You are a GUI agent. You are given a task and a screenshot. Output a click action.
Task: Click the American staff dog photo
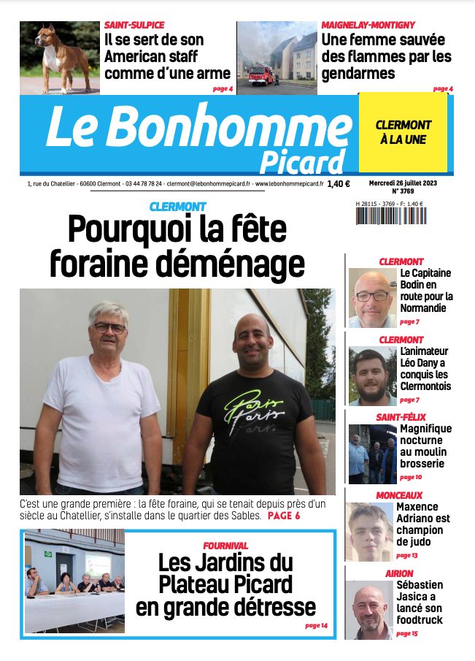tap(59, 57)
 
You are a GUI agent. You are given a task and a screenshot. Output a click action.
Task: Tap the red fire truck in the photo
tap(261, 74)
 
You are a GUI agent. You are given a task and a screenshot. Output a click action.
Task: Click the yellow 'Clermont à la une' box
tap(403, 132)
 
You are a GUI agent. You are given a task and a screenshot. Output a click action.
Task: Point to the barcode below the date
tap(391, 216)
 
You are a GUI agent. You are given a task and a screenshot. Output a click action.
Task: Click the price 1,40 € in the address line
tap(339, 184)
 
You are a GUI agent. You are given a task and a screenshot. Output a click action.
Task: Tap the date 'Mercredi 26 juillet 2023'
tap(401, 182)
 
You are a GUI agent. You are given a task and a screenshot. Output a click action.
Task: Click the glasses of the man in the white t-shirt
tap(109, 328)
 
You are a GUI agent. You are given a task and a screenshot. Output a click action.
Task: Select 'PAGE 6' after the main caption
tap(284, 516)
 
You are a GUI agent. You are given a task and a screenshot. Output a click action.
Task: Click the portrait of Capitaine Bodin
tap(372, 297)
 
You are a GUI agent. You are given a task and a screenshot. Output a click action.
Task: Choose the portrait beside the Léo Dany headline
tap(372, 375)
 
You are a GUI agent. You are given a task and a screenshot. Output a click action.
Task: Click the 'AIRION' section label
tap(399, 573)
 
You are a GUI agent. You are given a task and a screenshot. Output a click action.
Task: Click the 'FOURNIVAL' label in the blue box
tap(225, 546)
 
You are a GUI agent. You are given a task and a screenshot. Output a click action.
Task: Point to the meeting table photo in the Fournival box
tap(74, 581)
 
